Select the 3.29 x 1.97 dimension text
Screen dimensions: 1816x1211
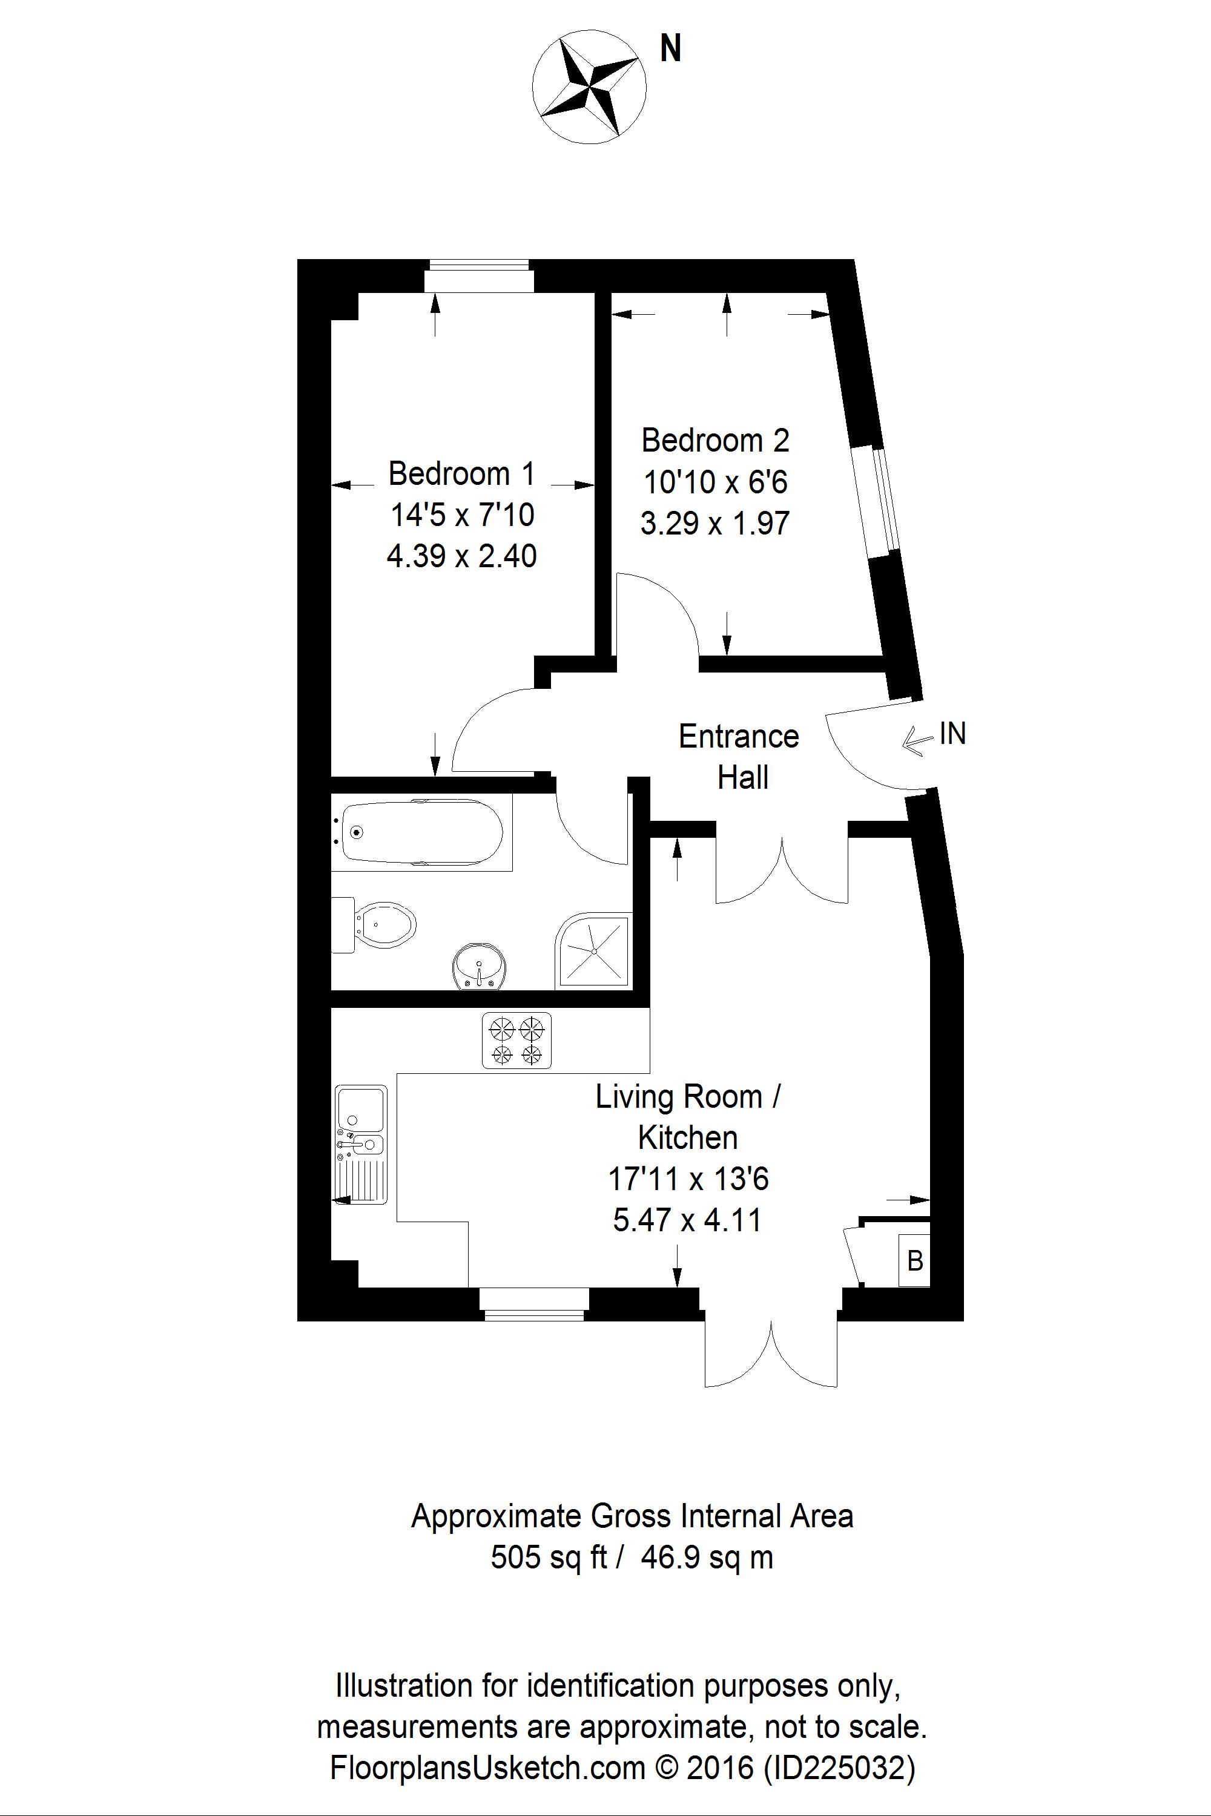point(714,524)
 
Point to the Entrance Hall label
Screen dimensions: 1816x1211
point(739,756)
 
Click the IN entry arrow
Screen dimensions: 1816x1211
point(917,741)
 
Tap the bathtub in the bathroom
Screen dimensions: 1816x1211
point(421,833)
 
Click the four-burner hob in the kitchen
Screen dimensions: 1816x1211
point(516,1040)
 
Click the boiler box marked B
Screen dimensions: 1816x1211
point(914,1261)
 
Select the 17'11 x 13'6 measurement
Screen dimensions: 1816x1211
point(688,1179)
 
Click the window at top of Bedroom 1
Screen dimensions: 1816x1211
point(479,277)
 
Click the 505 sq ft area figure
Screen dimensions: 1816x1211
point(549,1558)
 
